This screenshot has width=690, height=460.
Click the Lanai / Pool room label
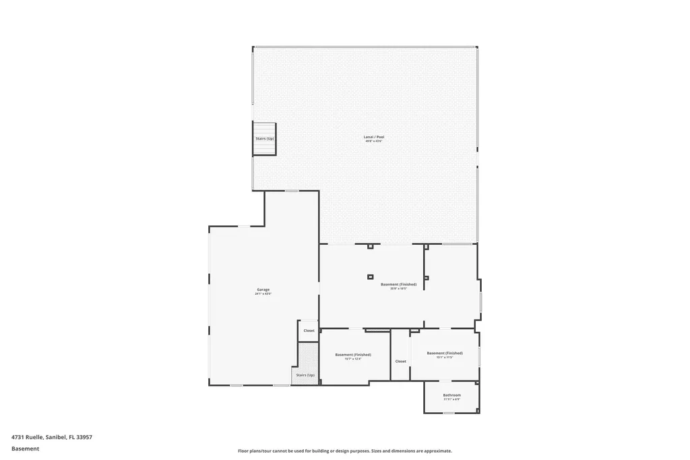pos(374,137)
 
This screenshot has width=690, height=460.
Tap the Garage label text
pos(263,289)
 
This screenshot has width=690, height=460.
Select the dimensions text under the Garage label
pos(263,294)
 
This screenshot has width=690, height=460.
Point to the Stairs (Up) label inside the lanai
pos(265,138)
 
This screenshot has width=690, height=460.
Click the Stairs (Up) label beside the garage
pos(305,375)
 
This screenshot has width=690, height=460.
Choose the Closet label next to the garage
pos(309,330)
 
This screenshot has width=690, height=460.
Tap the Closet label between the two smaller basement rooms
pos(401,361)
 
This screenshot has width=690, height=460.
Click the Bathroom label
pos(451,395)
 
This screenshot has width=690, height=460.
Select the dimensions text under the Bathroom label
pos(451,399)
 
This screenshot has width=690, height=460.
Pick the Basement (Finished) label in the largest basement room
pos(398,284)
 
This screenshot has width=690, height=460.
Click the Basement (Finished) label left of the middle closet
pos(353,354)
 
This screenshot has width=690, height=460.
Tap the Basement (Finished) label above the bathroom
pos(445,353)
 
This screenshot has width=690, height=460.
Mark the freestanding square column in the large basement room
pos(370,277)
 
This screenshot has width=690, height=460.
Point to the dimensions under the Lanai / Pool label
pos(374,142)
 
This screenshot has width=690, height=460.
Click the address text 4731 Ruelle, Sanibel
pos(52,437)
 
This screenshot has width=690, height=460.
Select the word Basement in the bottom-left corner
pos(26,449)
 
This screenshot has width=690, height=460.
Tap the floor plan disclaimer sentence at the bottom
pos(344,451)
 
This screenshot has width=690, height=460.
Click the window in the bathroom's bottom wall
pos(448,413)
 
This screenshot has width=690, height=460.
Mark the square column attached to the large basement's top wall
pos(370,246)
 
